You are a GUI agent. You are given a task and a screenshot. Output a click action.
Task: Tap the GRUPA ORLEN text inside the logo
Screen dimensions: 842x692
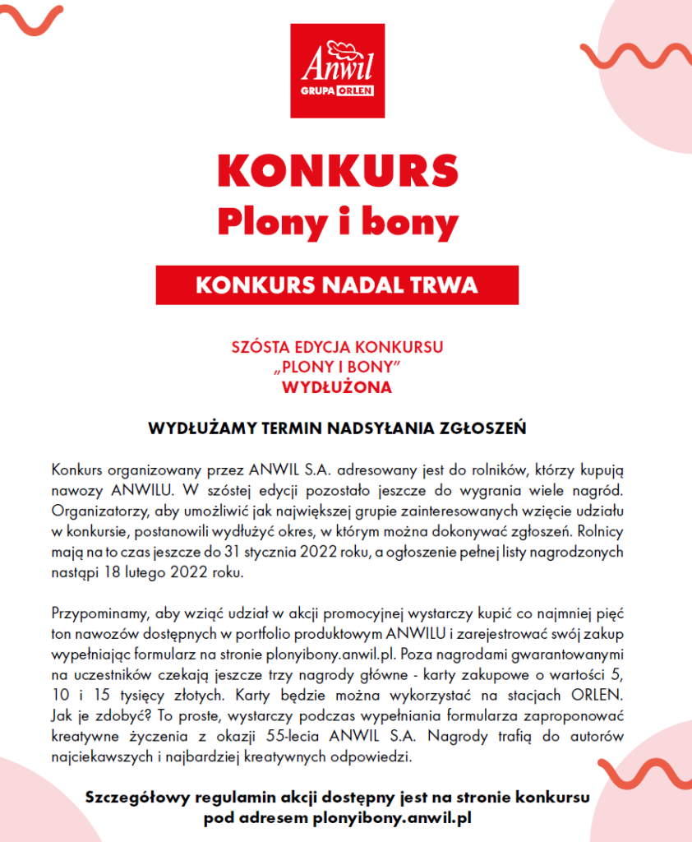[338, 91]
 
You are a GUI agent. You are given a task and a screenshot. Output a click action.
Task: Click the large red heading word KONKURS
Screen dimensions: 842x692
[337, 170]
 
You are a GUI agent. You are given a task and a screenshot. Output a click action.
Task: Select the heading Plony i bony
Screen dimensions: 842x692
[337, 220]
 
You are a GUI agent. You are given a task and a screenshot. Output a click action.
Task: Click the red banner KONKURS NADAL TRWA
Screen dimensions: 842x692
[337, 285]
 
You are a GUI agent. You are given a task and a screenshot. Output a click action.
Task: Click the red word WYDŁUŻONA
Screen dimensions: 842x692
[337, 386]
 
